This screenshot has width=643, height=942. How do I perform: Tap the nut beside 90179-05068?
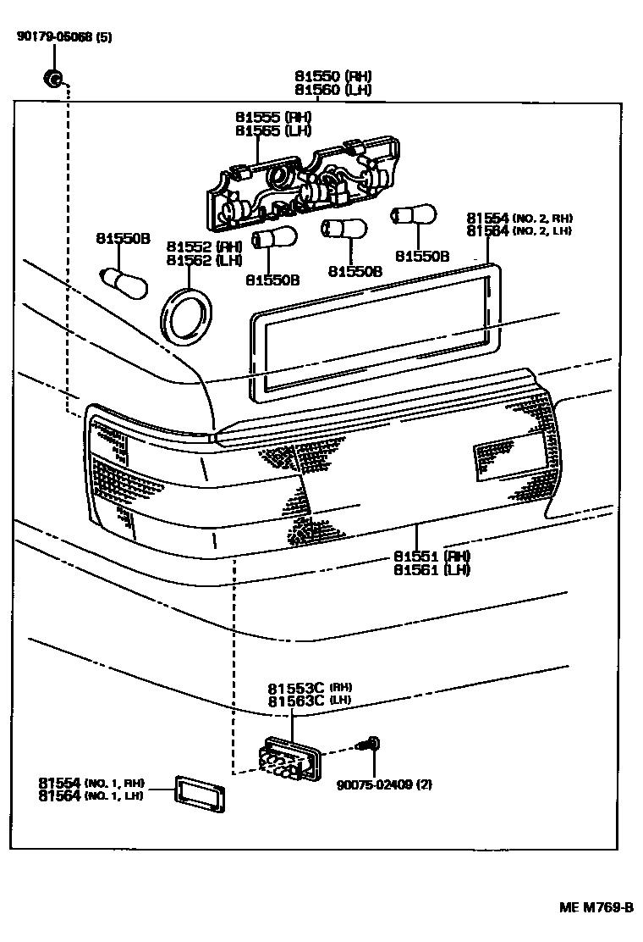click(52, 80)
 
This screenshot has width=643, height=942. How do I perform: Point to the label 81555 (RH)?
click(273, 117)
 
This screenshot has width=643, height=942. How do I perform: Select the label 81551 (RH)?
click(431, 556)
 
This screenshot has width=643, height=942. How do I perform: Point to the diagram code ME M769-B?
click(596, 907)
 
